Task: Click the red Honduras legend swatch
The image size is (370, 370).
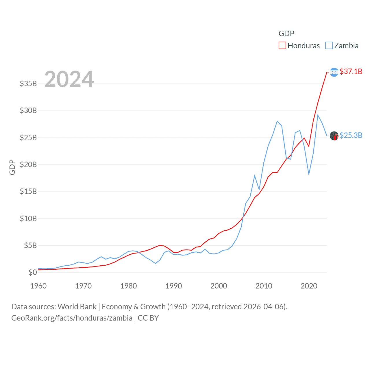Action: click(282, 46)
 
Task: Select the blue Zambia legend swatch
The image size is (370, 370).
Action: click(329, 46)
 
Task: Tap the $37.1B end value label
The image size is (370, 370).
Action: click(351, 71)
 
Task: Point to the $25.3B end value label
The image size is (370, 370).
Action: click(351, 135)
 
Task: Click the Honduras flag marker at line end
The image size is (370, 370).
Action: click(334, 72)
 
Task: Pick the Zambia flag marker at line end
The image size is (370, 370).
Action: click(334, 136)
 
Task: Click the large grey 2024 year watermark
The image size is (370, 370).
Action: click(69, 79)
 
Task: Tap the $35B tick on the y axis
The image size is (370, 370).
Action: click(28, 84)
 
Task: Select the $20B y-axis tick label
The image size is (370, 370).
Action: click(28, 165)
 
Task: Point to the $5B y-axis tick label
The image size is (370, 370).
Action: click(30, 246)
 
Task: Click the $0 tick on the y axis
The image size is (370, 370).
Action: click(33, 273)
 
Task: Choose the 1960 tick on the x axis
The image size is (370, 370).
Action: click(38, 286)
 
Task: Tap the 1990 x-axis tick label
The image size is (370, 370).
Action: click(174, 286)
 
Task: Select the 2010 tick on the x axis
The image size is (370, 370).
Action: click(264, 286)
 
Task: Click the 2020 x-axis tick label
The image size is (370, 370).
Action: click(309, 286)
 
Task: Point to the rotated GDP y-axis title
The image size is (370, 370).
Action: click(12, 167)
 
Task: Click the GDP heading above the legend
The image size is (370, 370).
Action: click(286, 34)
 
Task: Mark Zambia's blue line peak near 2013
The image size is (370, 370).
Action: click(277, 121)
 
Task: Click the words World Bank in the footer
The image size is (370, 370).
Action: click(77, 307)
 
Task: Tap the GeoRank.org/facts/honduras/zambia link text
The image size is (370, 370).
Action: click(72, 318)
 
